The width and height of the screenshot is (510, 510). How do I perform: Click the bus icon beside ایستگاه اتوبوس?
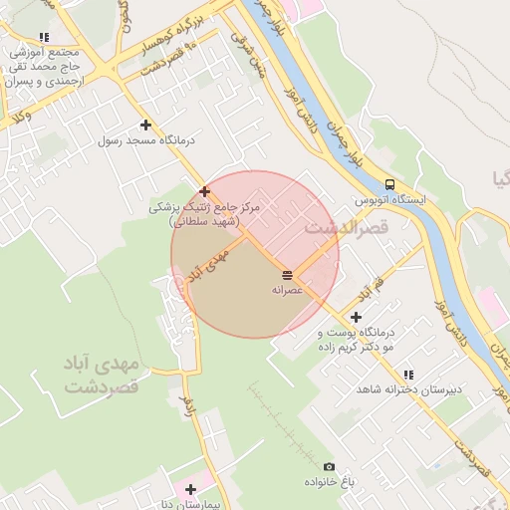(388, 184)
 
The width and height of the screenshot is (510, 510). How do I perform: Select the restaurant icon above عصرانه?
(287, 274)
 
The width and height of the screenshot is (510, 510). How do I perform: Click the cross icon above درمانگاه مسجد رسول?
(146, 126)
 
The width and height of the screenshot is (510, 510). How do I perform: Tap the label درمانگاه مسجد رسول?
(146, 141)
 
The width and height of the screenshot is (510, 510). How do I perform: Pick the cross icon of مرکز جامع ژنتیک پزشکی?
(204, 191)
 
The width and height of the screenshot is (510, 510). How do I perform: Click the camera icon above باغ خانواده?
(329, 466)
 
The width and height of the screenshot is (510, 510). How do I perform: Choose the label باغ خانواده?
(330, 482)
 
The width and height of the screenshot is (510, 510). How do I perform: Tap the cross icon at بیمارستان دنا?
(190, 489)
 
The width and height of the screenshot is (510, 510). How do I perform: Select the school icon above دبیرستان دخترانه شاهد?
(408, 375)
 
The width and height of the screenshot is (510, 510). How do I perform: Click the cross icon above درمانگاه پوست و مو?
(357, 317)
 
